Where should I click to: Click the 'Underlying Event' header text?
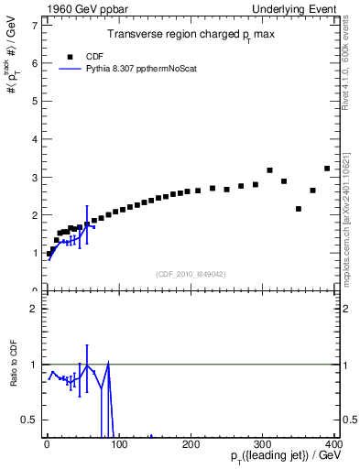pos(298,9)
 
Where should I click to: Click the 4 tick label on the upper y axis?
pos(33,138)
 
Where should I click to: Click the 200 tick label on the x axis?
pos(191,444)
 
